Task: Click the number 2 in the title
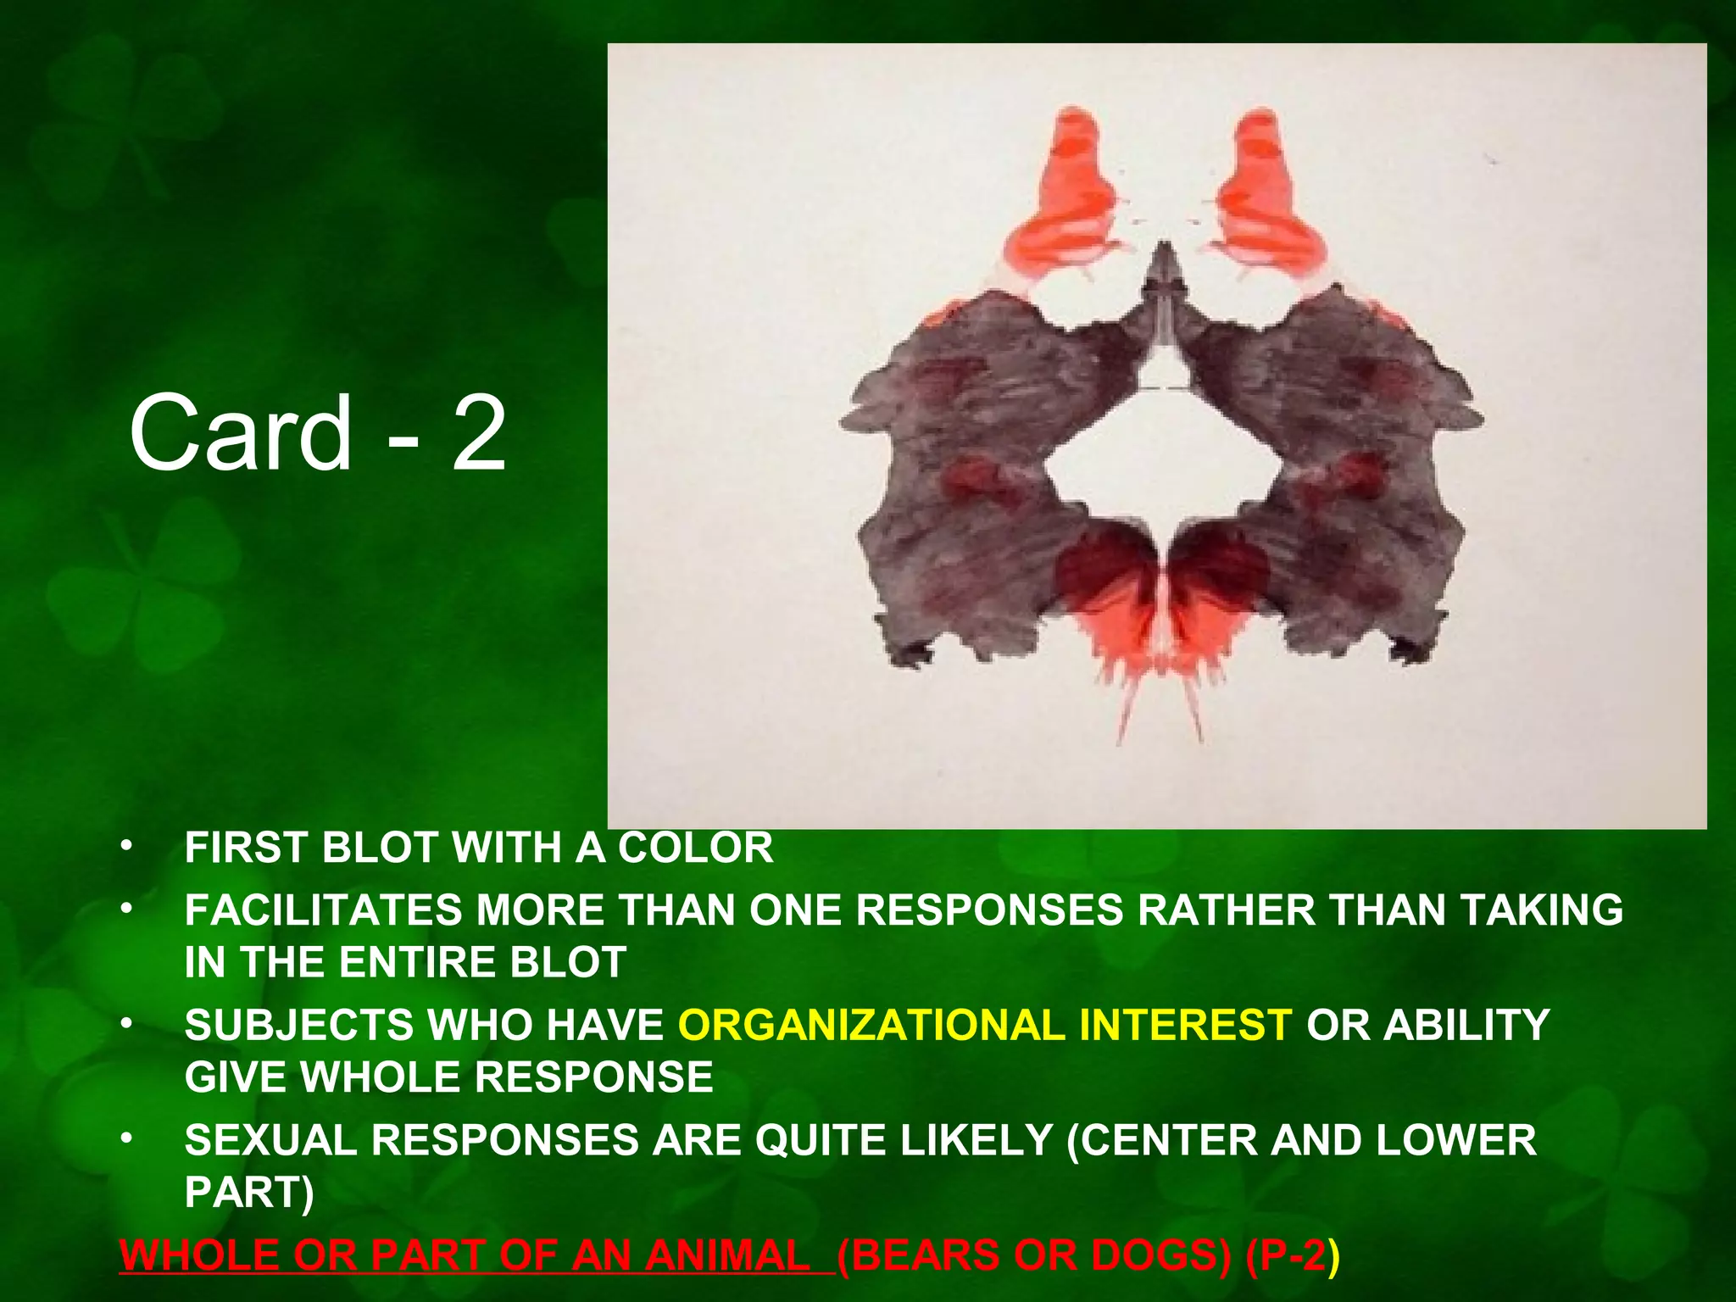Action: [x=479, y=434]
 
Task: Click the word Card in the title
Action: [x=240, y=434]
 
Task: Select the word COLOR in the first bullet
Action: [x=695, y=848]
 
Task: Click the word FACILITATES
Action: [x=324, y=910]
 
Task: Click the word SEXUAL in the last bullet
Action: [x=271, y=1140]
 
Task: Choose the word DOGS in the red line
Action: [x=1156, y=1255]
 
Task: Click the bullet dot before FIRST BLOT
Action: [x=126, y=847]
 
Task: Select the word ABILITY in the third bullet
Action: [x=1466, y=1025]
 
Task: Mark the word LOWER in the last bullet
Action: [x=1455, y=1140]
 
